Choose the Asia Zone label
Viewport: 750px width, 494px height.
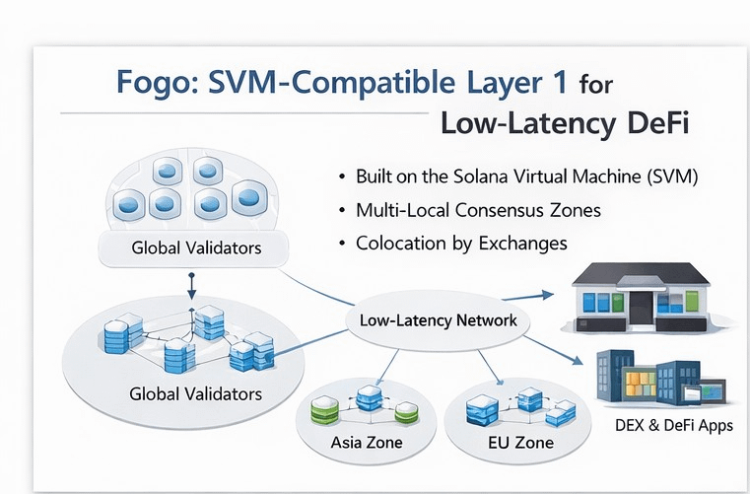(x=367, y=443)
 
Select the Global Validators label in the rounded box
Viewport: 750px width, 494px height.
(x=196, y=247)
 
